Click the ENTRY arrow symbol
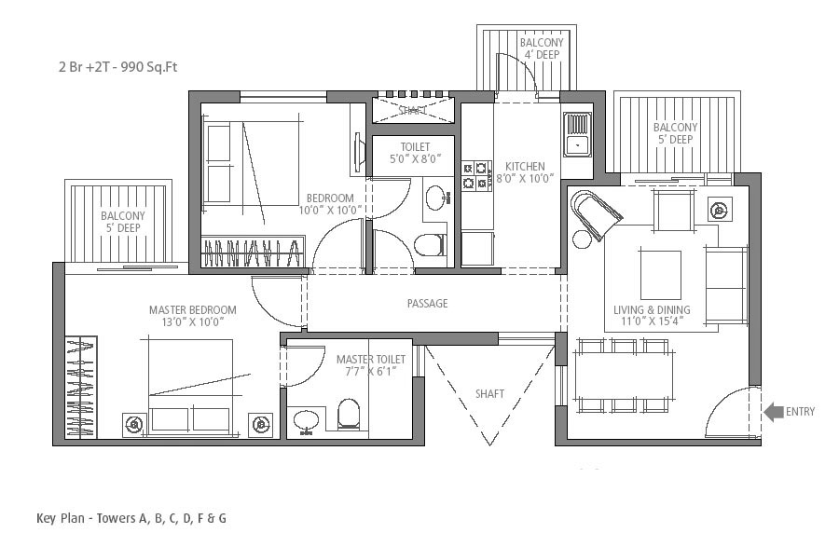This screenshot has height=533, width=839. tap(773, 412)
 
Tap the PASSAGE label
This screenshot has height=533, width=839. tap(427, 304)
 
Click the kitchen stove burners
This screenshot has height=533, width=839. tap(476, 176)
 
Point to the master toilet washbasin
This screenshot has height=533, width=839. tap(306, 421)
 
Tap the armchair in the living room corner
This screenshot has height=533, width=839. tap(595, 213)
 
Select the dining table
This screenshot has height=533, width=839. tap(624, 376)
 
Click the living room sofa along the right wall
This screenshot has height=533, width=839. tap(726, 285)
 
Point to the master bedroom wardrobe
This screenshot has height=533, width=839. tap(81, 387)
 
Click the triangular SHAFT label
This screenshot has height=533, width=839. tap(489, 394)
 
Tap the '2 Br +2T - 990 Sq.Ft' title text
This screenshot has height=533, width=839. tap(117, 67)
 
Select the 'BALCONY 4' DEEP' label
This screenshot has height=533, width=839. tap(542, 48)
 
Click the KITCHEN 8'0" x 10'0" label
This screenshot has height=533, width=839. tap(525, 172)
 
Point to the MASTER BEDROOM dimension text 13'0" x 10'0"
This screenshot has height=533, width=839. tap(192, 321)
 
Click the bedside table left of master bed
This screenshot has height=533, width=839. tap(134, 425)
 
